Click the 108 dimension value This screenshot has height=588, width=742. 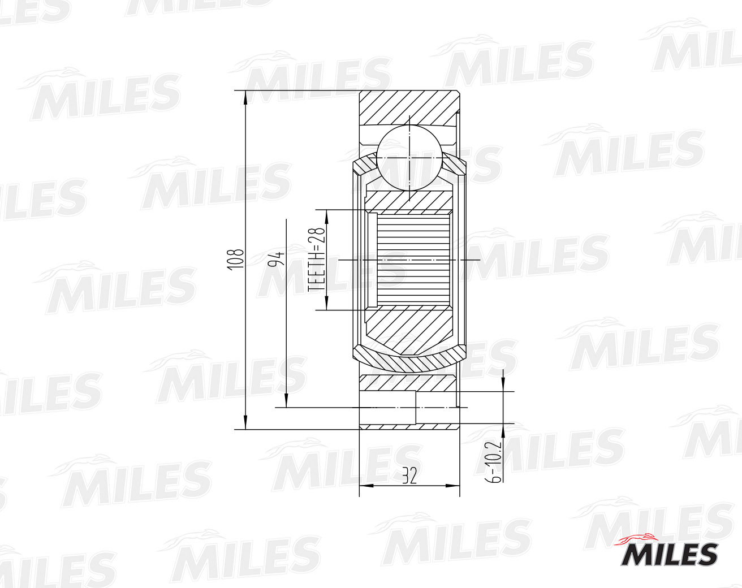tap(238, 259)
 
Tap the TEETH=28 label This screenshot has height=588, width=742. tap(317, 260)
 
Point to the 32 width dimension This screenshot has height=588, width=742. tap(409, 477)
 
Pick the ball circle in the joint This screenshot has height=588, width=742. tap(409, 158)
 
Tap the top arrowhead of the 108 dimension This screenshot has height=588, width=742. tap(245, 97)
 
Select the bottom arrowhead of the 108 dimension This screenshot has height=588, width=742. tap(245, 422)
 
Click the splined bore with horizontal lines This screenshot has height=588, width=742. tap(413, 260)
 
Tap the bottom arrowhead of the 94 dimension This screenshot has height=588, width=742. tap(287, 401)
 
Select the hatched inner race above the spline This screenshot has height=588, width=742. tap(408, 200)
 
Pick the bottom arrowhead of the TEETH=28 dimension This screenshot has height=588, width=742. tap(325, 304)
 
